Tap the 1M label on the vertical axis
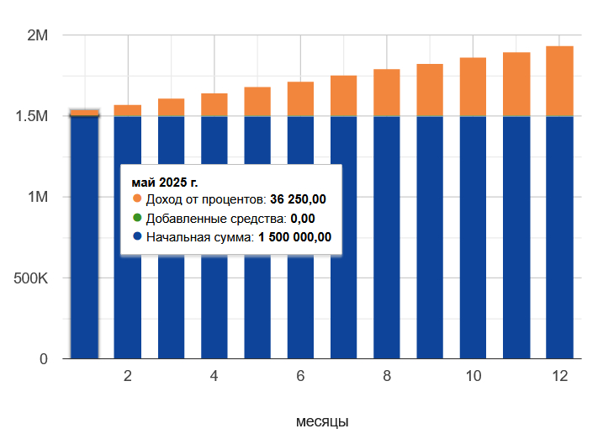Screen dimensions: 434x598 [39, 197]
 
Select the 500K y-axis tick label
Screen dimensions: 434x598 [31, 278]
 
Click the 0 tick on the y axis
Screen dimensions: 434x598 [44, 359]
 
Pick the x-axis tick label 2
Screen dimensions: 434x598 [128, 377]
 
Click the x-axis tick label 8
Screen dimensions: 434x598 [387, 377]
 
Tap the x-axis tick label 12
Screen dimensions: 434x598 [559, 377]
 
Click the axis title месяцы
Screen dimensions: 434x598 [322, 421]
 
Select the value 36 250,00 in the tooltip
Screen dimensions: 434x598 [298, 200]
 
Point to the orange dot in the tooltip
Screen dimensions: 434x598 [138, 199]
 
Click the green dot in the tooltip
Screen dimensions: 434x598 [138, 219]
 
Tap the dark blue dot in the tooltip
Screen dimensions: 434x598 [138, 237]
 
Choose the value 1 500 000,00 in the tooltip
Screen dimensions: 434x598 [294, 238]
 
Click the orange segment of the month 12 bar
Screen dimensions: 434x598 [559, 82]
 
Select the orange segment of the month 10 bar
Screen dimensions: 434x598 [473, 87]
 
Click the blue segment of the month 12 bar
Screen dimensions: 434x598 [559, 244]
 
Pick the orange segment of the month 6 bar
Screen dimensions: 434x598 [300, 99]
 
